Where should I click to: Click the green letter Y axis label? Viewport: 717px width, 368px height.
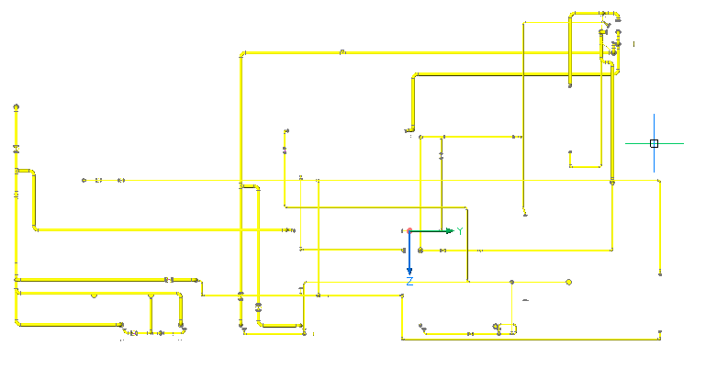460,231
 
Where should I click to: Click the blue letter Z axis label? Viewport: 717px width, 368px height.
409,281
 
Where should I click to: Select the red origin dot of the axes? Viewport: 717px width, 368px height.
409,231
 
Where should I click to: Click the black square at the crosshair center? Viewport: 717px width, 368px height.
655,143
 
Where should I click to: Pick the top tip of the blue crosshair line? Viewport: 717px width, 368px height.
655,115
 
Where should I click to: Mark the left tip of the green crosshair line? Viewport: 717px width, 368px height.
626,143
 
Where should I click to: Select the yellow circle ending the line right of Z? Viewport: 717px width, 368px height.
569,282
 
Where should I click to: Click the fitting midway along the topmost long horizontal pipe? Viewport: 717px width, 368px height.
342,52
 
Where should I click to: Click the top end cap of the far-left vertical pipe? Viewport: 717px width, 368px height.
17,107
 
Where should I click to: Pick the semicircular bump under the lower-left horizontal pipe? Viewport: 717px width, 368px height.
94,296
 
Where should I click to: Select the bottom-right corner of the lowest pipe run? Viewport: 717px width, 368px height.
659,339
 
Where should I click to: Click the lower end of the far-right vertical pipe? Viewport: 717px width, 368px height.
660,273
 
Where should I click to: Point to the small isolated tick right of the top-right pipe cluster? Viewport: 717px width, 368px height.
634,43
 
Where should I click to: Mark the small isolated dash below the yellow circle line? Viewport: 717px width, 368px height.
526,300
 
